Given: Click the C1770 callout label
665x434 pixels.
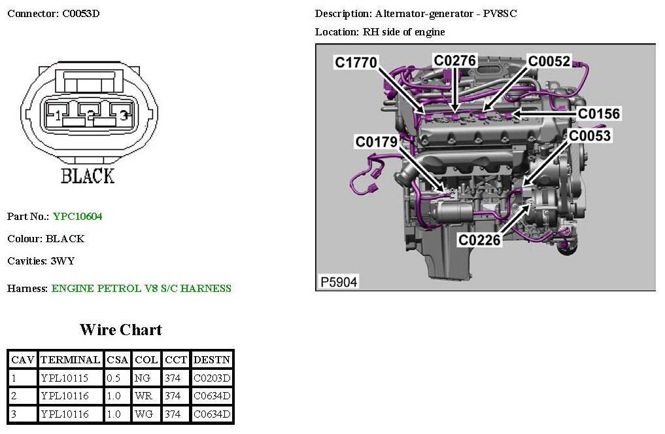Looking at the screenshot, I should click(356, 62).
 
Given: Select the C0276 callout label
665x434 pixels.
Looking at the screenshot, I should click(455, 61).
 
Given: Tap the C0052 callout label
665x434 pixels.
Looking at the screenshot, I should click(549, 61).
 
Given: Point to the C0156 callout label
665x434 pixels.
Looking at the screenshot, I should click(599, 114).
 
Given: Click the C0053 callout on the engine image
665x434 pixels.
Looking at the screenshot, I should click(590, 136).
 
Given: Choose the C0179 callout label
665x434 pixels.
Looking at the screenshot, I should click(377, 141).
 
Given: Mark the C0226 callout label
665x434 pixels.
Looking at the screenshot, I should click(479, 240).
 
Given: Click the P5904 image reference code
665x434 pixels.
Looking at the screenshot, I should click(339, 282).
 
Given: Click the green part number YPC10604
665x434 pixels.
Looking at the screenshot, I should click(78, 216).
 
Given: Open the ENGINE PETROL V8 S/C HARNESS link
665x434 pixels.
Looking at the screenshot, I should click(141, 288).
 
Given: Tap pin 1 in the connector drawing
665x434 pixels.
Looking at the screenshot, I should click(58, 116).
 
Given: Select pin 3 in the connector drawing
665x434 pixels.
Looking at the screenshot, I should click(122, 116).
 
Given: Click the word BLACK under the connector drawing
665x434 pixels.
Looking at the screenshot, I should click(88, 175).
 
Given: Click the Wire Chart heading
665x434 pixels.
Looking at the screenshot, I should click(121, 329).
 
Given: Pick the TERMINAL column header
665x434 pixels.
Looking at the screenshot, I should click(70, 359).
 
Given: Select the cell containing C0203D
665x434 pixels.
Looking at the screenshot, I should click(212, 378).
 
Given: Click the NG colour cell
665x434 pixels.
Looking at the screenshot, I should click(143, 378).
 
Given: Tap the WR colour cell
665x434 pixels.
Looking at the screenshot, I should click(143, 395).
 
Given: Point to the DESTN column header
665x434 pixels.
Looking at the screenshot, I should click(212, 359).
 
